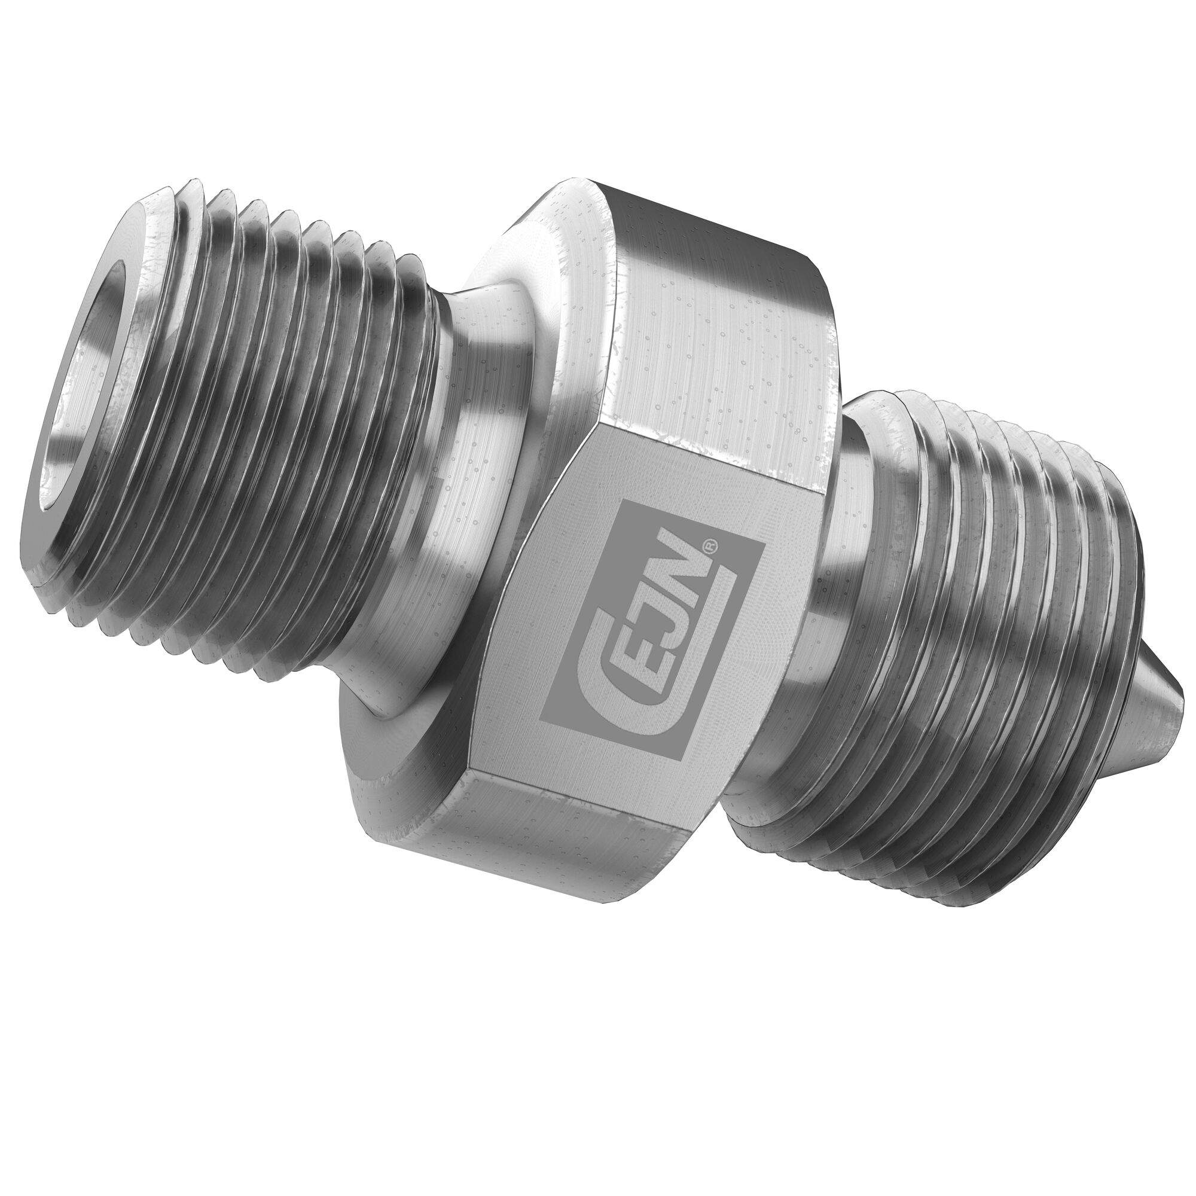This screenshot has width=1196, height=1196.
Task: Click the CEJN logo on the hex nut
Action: coord(652,626)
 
